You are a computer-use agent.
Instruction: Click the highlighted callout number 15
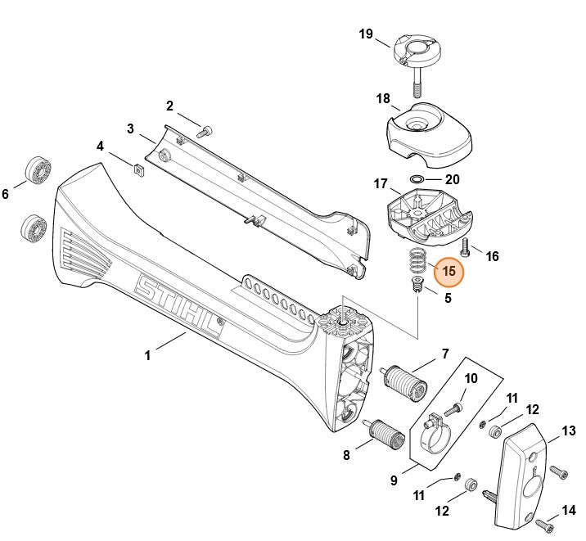point(448,272)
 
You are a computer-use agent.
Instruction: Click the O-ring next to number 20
point(416,179)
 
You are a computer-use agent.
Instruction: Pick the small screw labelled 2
point(205,128)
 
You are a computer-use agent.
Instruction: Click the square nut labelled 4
point(138,169)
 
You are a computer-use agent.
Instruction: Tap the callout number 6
point(6,194)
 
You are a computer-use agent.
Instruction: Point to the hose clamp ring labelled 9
point(436,433)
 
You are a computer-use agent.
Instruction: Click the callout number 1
point(147,355)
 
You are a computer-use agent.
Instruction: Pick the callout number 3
point(130,128)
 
